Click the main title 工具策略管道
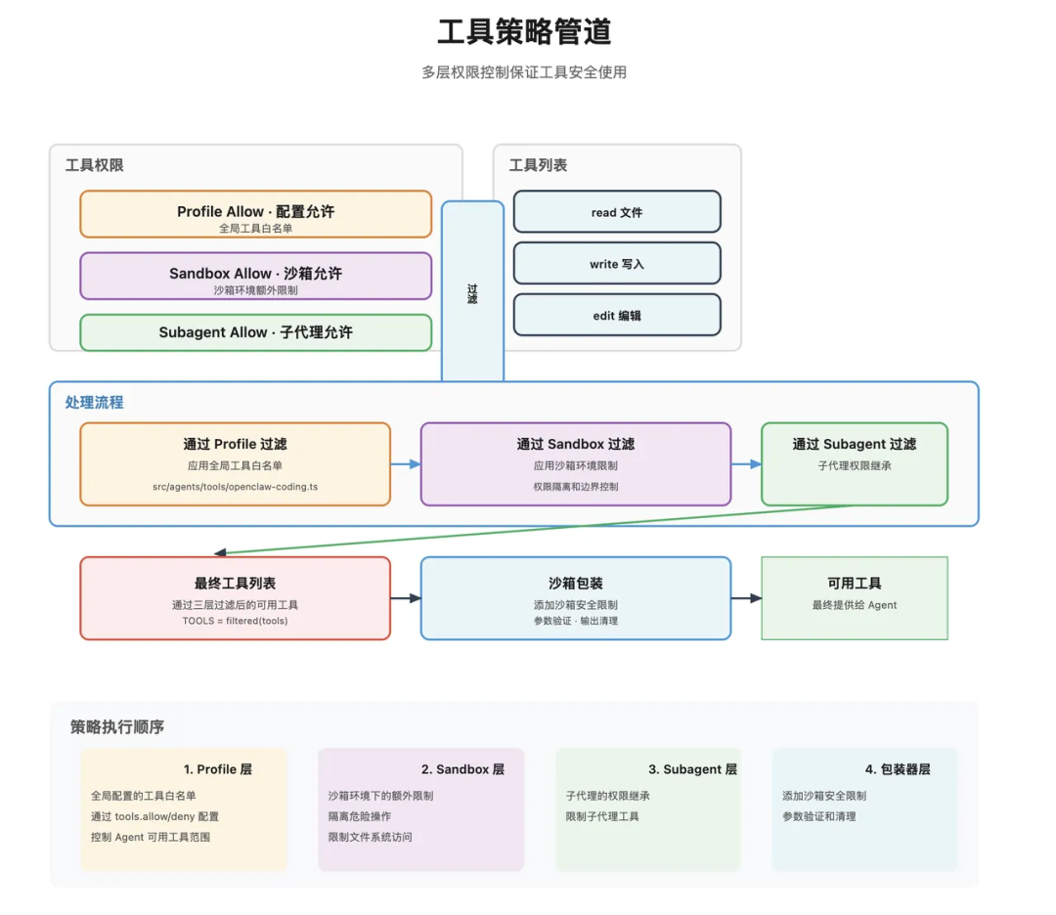pos(524,31)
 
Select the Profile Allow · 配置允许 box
pos(255,214)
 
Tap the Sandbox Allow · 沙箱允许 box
pos(255,276)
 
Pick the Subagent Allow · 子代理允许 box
pos(255,332)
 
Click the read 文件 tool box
pos(617,212)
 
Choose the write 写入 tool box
pos(617,264)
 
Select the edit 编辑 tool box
pos(617,316)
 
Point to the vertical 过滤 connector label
pos(472,293)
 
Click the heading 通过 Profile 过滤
pos(235,444)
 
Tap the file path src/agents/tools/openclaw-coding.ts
pos(235,486)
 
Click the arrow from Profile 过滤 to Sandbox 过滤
pos(406,464)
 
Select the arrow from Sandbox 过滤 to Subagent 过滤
pos(746,464)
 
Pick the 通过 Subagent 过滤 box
pos(854,463)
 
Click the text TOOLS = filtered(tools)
pos(235,621)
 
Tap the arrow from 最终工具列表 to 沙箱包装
pos(406,598)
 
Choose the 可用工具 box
pos(854,597)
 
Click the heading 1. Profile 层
pos(217,769)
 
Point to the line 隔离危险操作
pos(360,816)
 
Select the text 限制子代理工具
pos(602,816)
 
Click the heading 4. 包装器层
pos(897,769)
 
